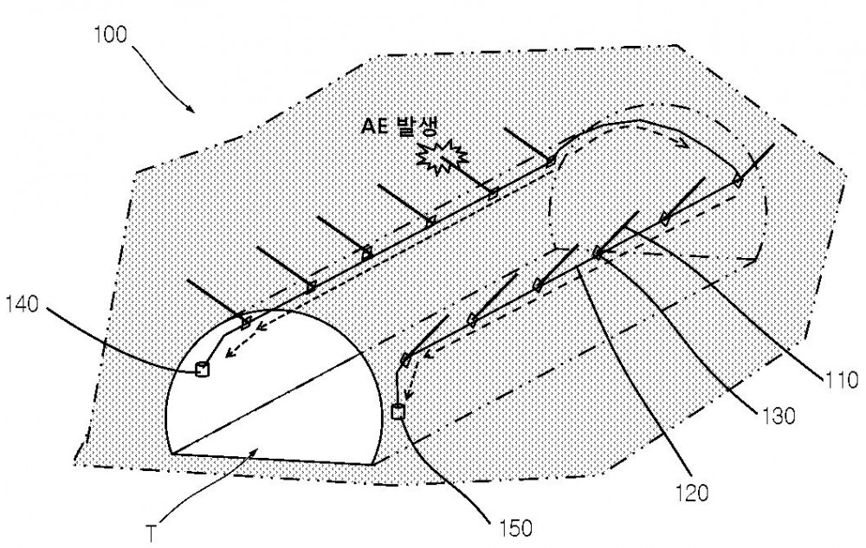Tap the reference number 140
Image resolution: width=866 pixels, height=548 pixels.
(x=23, y=304)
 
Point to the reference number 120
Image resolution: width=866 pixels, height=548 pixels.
(x=690, y=493)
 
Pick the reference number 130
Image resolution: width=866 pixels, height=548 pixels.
(x=778, y=416)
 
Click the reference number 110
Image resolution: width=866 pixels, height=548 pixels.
(x=841, y=380)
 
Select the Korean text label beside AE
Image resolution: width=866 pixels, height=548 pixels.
(x=417, y=127)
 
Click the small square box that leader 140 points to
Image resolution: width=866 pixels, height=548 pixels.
(x=203, y=368)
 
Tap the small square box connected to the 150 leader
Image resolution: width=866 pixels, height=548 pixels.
(x=397, y=412)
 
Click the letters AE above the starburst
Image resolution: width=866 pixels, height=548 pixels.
(x=375, y=127)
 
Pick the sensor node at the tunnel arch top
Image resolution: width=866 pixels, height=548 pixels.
(x=246, y=320)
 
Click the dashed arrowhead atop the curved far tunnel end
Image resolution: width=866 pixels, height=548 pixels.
(x=684, y=144)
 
